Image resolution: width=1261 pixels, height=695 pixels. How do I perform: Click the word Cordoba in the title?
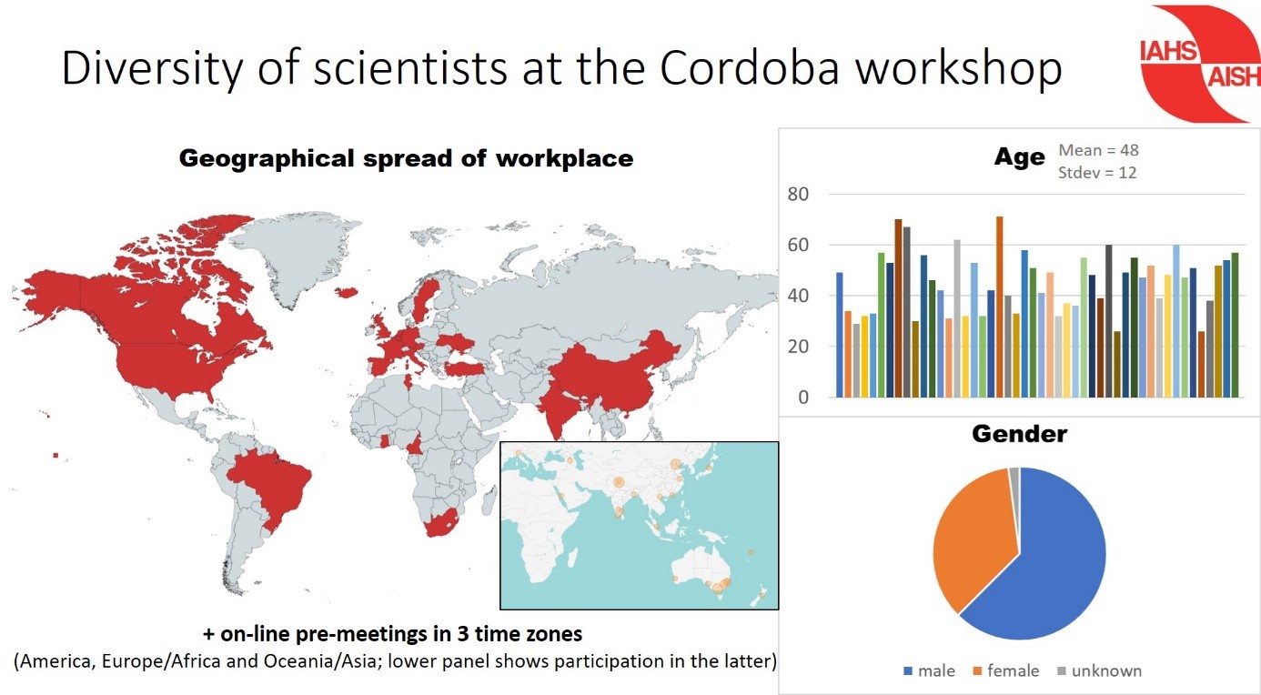[750, 67]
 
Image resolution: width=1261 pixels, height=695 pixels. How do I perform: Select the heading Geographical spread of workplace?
[406, 158]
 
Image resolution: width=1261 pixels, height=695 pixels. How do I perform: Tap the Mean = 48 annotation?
[1098, 150]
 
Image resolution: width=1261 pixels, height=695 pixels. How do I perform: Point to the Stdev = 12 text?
[1096, 172]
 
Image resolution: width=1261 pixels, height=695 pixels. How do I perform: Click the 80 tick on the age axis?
[798, 194]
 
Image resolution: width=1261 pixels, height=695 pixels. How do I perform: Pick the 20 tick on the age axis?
[798, 346]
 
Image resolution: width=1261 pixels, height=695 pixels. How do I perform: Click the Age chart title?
[1019, 156]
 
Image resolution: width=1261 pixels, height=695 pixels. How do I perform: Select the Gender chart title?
[1019, 434]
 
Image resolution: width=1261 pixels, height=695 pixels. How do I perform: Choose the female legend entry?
[1006, 670]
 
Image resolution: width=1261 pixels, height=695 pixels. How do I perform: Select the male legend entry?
[930, 670]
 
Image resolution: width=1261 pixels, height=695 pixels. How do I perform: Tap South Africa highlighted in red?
[443, 523]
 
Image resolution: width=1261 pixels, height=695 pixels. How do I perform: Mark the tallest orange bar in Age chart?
[999, 307]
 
